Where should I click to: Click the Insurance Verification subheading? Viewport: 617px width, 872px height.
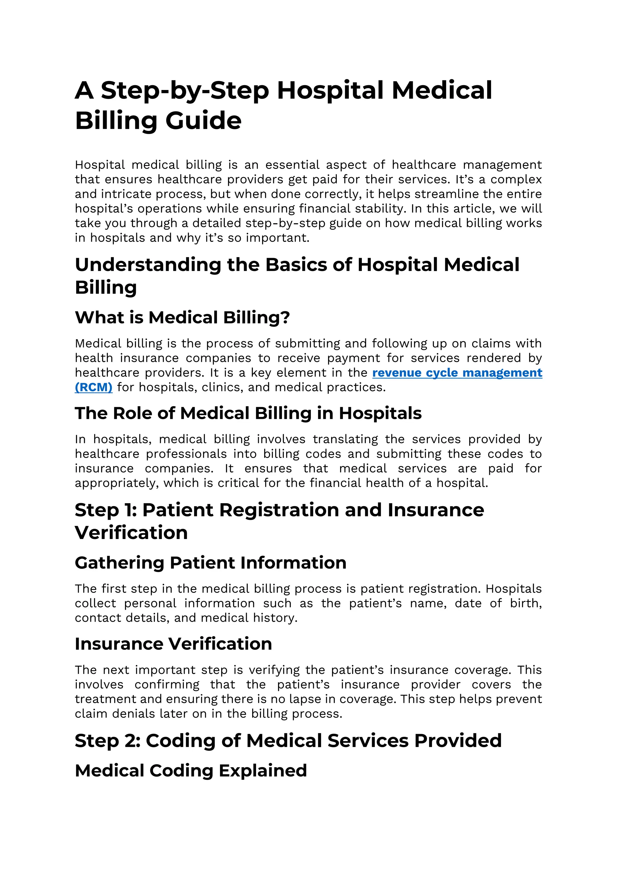[x=173, y=644]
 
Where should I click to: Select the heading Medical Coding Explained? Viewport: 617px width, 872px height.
[x=191, y=771]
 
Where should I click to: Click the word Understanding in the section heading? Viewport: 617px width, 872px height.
[x=148, y=265]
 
